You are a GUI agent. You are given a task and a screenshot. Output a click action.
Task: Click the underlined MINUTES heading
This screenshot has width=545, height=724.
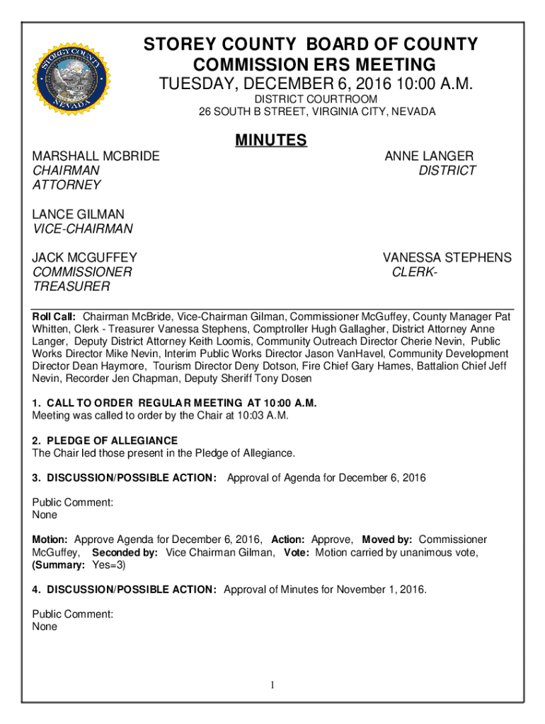pyautogui.click(x=272, y=141)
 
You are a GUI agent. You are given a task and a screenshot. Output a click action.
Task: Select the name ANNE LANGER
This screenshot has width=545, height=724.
pyautogui.click(x=429, y=156)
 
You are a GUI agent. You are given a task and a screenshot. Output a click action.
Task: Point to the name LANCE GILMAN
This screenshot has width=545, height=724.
pyautogui.click(x=79, y=214)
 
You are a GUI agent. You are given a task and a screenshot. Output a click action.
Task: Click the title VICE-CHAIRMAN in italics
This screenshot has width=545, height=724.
pyautogui.click(x=83, y=229)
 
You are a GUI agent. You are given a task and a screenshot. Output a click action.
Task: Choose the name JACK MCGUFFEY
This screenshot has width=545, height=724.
pyautogui.click(x=85, y=258)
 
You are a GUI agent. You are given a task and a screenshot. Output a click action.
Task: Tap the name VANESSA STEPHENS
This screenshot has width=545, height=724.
pyautogui.click(x=447, y=258)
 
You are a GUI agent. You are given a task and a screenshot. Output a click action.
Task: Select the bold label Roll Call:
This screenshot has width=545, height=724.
pyautogui.click(x=56, y=317)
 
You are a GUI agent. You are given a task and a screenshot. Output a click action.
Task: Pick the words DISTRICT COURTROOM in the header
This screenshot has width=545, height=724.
pyautogui.click(x=316, y=100)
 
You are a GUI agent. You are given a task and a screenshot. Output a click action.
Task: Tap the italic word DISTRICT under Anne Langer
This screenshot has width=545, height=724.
pyautogui.click(x=447, y=171)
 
